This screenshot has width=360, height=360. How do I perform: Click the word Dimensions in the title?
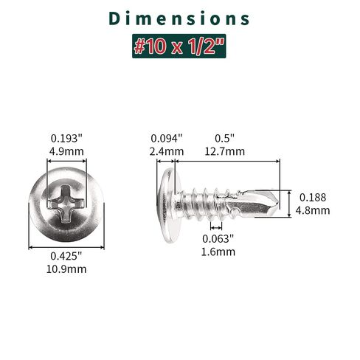tap(179, 18)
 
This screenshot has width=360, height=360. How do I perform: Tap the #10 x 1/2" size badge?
tap(179, 46)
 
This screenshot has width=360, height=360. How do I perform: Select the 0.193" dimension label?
tap(66, 139)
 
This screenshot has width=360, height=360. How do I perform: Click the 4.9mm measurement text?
tap(66, 151)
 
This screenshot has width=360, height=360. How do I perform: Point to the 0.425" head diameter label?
tap(66, 256)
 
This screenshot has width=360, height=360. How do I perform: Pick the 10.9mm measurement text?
tap(66, 269)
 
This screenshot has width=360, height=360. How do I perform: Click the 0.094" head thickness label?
tap(167, 139)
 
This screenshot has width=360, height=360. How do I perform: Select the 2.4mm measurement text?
tap(167, 151)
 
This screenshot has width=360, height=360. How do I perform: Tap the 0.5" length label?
tap(225, 139)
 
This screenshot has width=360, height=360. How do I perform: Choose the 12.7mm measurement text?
tap(225, 151)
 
